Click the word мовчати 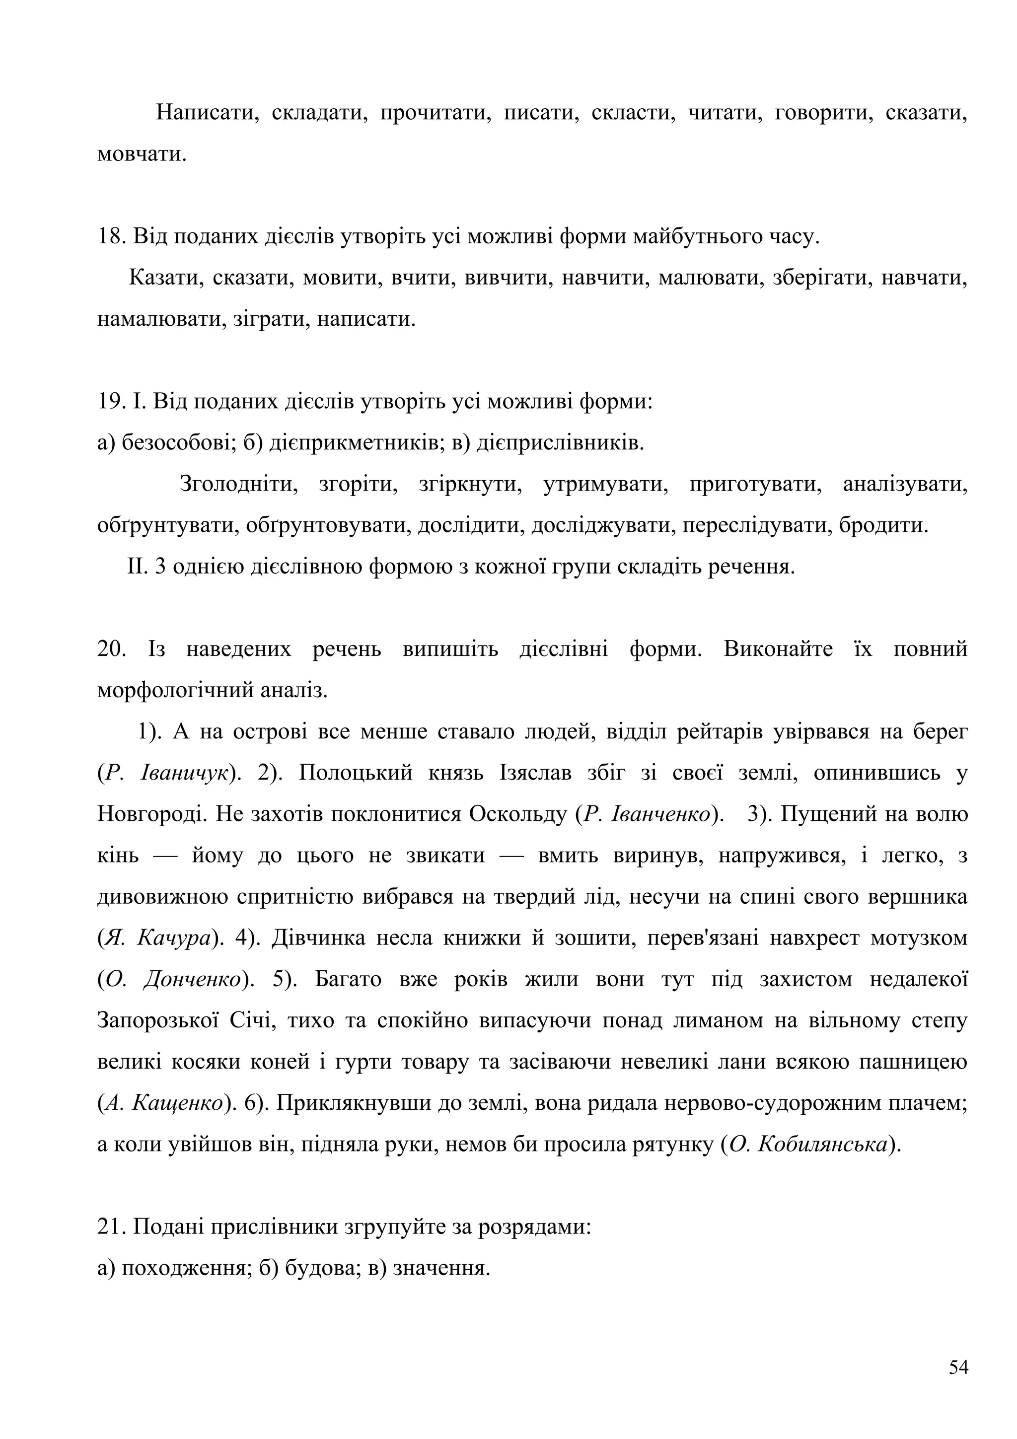click(x=142, y=154)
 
